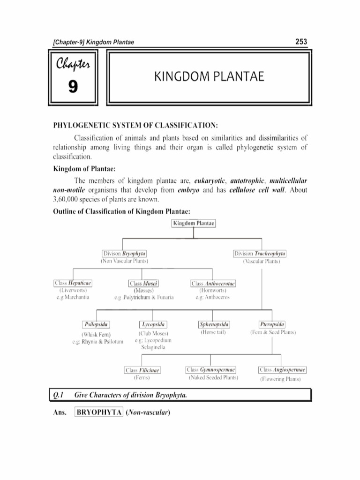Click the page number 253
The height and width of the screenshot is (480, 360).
point(301,42)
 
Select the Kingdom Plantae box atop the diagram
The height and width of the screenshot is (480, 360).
point(194,224)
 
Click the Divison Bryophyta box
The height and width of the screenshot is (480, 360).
point(125,254)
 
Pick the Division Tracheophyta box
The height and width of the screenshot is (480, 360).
point(260,254)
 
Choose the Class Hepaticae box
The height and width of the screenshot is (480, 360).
point(73,283)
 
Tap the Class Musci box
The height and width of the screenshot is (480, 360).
point(143,284)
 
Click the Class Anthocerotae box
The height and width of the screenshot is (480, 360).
point(213,284)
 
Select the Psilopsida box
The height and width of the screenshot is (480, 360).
point(97,324)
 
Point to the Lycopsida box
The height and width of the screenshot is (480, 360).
point(153,324)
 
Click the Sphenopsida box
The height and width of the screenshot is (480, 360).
point(213,324)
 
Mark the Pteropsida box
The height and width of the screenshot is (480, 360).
point(272,324)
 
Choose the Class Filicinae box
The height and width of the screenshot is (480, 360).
point(142,370)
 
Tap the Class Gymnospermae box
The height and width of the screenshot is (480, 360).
point(210,370)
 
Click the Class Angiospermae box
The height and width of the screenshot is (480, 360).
point(283,370)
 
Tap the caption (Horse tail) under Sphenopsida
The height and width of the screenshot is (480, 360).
point(213,332)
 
